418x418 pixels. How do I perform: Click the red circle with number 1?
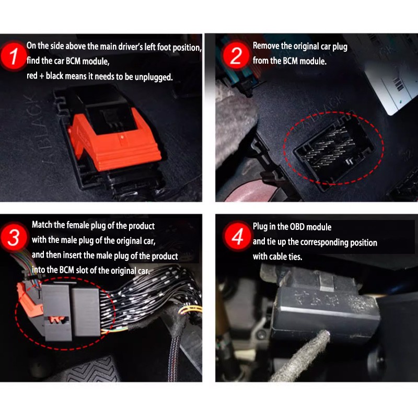point(13,56)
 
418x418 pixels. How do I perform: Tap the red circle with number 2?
point(236,55)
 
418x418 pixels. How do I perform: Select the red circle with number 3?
point(14,237)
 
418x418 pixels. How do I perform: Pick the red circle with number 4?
point(237,236)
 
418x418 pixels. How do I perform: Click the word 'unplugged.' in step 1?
point(154,77)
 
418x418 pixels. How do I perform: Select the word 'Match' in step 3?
point(42,225)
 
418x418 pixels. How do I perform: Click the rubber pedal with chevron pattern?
point(90,369)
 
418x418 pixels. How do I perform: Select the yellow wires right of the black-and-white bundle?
point(190,310)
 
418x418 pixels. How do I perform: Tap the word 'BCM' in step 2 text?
point(290,61)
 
